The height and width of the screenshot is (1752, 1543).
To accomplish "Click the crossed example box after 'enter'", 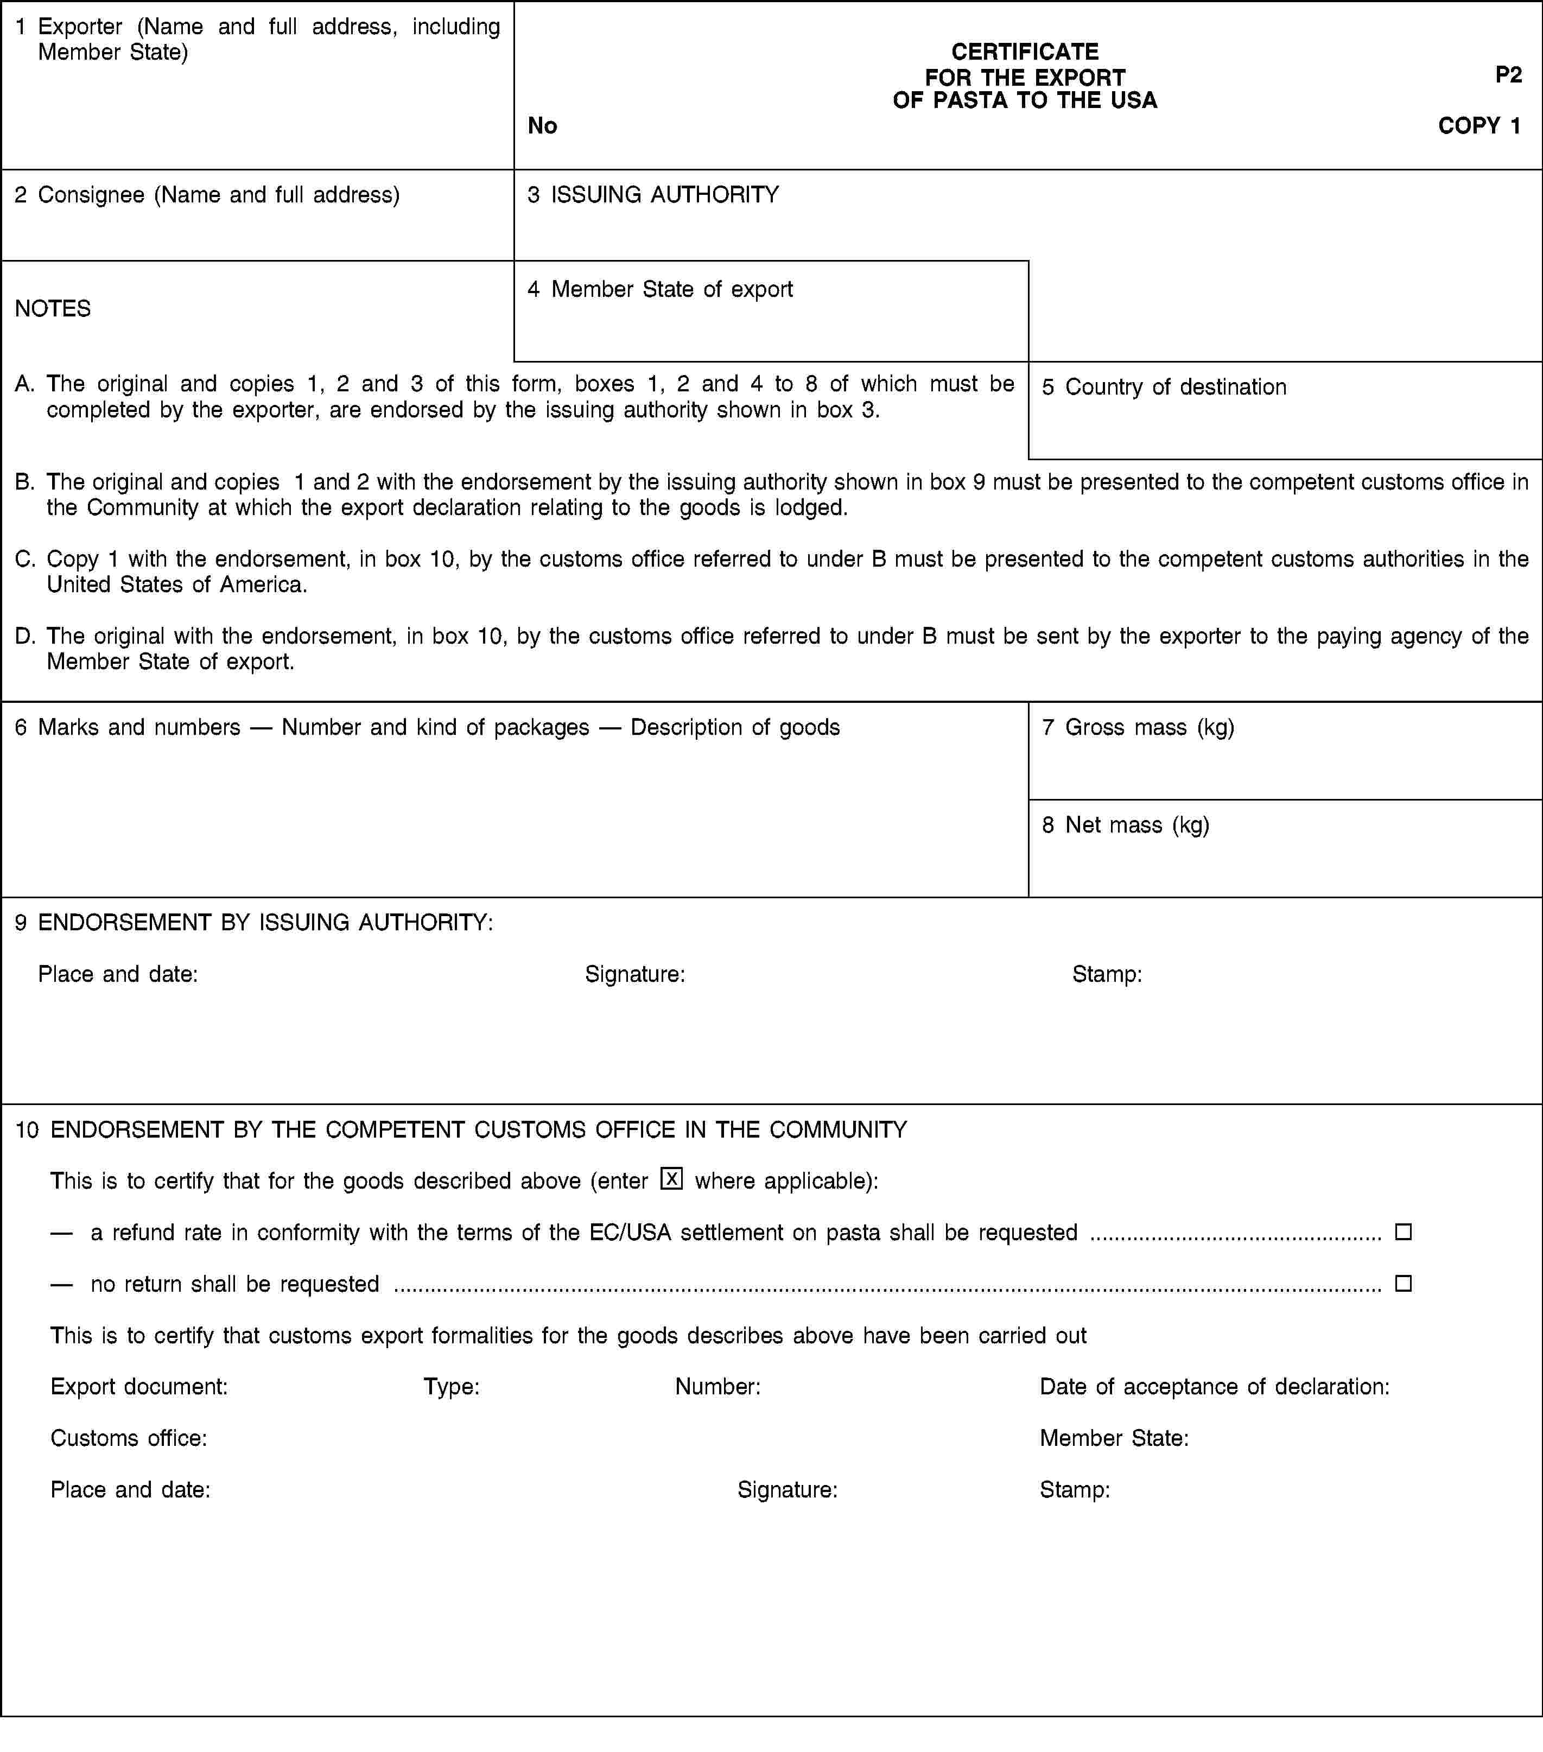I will click(671, 1179).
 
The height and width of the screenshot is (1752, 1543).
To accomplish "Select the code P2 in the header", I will click(1508, 74).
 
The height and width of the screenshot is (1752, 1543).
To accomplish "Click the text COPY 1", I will click(1479, 126).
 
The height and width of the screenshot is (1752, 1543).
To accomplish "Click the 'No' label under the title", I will click(542, 126).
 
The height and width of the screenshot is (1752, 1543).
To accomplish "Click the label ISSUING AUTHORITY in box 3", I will click(664, 194).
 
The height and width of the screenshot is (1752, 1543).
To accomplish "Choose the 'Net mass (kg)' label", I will click(1136, 824).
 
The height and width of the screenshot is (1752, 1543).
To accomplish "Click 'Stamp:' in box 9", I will click(1107, 974).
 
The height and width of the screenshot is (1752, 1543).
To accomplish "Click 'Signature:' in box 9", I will click(634, 974).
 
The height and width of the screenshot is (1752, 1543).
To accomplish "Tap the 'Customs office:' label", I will click(129, 1437).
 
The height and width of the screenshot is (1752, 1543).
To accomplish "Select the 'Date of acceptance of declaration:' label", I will click(1214, 1386).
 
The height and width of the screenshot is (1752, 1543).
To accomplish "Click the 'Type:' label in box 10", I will click(451, 1386).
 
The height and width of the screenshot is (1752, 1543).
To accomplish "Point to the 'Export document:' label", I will click(139, 1386).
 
